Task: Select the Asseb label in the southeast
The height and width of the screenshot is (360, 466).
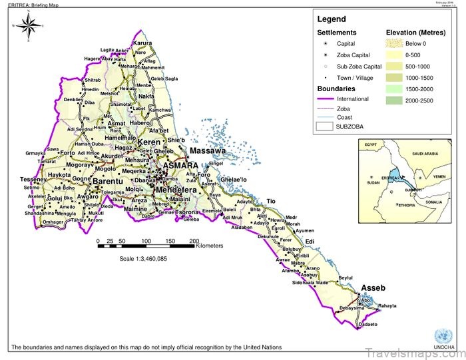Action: pyautogui.click(x=373, y=288)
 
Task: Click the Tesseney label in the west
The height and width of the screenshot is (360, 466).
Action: pyautogui.click(x=33, y=180)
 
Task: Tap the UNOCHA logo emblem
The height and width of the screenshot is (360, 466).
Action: pyautogui.click(x=441, y=335)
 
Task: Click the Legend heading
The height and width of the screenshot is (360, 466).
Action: pyautogui.click(x=331, y=19)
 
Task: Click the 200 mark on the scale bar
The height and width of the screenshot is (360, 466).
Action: pyautogui.click(x=194, y=240)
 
